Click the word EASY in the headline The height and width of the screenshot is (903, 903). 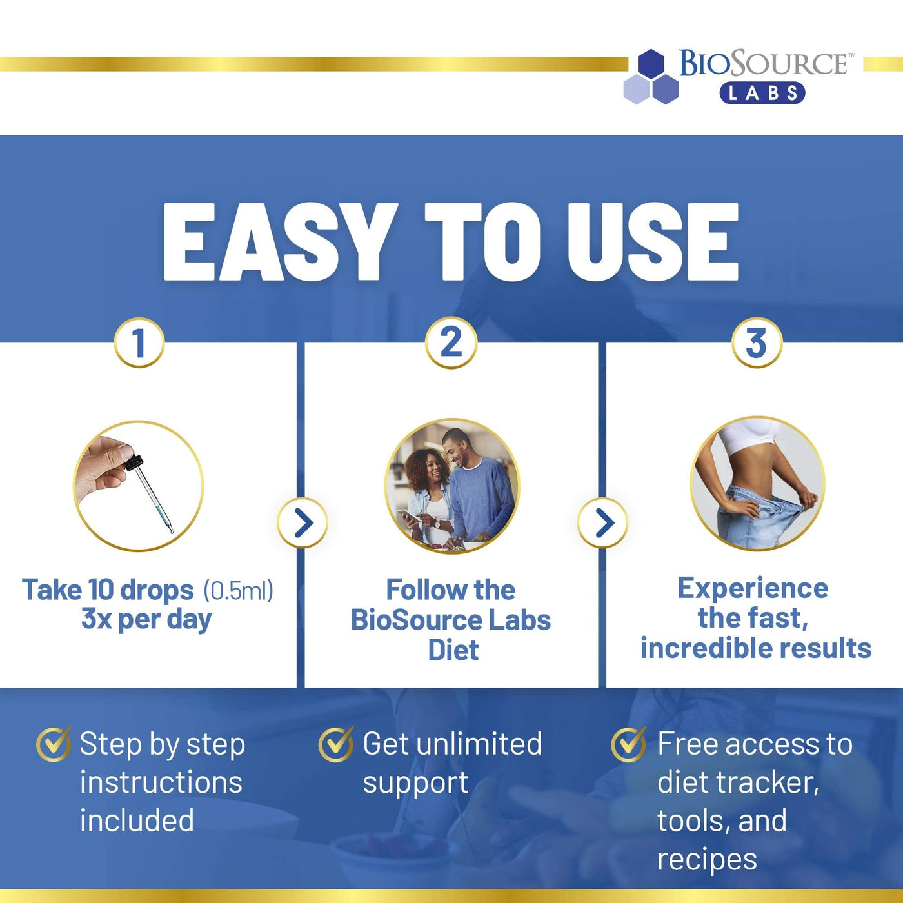(277, 242)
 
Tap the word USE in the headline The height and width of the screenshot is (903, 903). (653, 242)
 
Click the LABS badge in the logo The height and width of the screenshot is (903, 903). (762, 93)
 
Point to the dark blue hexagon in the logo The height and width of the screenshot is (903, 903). (651, 63)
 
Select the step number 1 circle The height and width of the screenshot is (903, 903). (139, 342)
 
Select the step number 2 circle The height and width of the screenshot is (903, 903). (451, 342)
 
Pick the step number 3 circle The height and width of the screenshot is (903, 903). (757, 342)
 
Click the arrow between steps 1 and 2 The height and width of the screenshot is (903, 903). (303, 522)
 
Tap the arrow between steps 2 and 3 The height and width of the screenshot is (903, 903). (603, 522)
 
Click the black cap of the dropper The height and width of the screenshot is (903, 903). (134, 462)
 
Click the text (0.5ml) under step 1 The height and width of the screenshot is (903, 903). (238, 590)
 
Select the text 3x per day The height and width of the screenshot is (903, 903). (146, 619)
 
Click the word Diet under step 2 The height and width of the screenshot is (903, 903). (453, 650)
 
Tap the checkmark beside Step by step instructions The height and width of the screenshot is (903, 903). (54, 744)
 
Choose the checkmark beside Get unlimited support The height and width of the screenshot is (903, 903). (335, 744)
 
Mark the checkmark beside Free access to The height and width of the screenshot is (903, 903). (628, 744)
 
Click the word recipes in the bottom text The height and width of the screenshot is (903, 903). (707, 860)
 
